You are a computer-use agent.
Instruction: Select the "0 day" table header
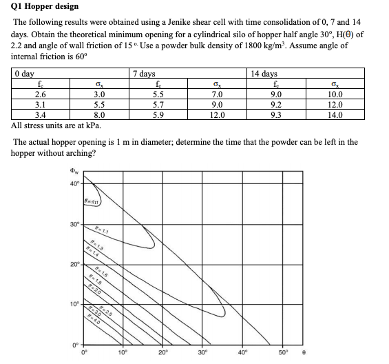coord(25,73)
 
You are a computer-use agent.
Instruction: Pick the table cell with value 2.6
coord(41,94)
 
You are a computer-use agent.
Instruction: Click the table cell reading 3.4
coord(41,115)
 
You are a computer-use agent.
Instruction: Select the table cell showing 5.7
coord(157,105)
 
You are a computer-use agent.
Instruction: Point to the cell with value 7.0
coord(217,94)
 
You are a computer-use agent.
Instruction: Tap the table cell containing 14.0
coord(335,115)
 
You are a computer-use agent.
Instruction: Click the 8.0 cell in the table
coord(99,115)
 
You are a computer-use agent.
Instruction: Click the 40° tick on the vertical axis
coord(74,183)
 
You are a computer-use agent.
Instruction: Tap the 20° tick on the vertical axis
coord(74,265)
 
